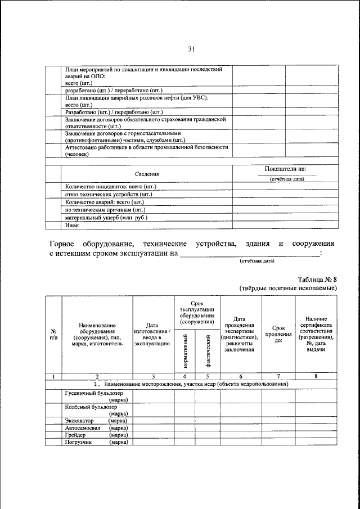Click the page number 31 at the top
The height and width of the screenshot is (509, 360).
pos(191,49)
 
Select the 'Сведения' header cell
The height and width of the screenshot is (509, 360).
pos(147,174)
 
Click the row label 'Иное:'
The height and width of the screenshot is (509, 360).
pos(73,226)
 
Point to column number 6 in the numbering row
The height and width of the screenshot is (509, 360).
pos(240,376)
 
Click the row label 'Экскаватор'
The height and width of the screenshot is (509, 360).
pos(80,420)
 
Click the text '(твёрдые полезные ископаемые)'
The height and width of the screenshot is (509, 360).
pos(288,288)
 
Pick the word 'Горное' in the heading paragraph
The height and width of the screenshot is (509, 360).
pos(64,244)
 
